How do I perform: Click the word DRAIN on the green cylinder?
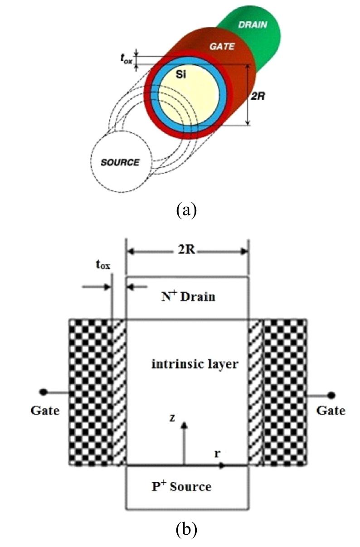(253, 24)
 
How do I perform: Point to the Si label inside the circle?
(182, 75)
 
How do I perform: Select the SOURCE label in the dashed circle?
(120, 162)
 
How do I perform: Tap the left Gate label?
(45, 411)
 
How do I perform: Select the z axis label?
(172, 418)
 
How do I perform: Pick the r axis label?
(218, 453)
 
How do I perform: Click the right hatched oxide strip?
(256, 392)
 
